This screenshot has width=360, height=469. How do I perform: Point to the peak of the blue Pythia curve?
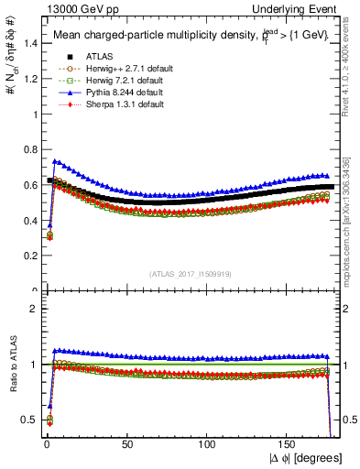(x=55, y=161)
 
